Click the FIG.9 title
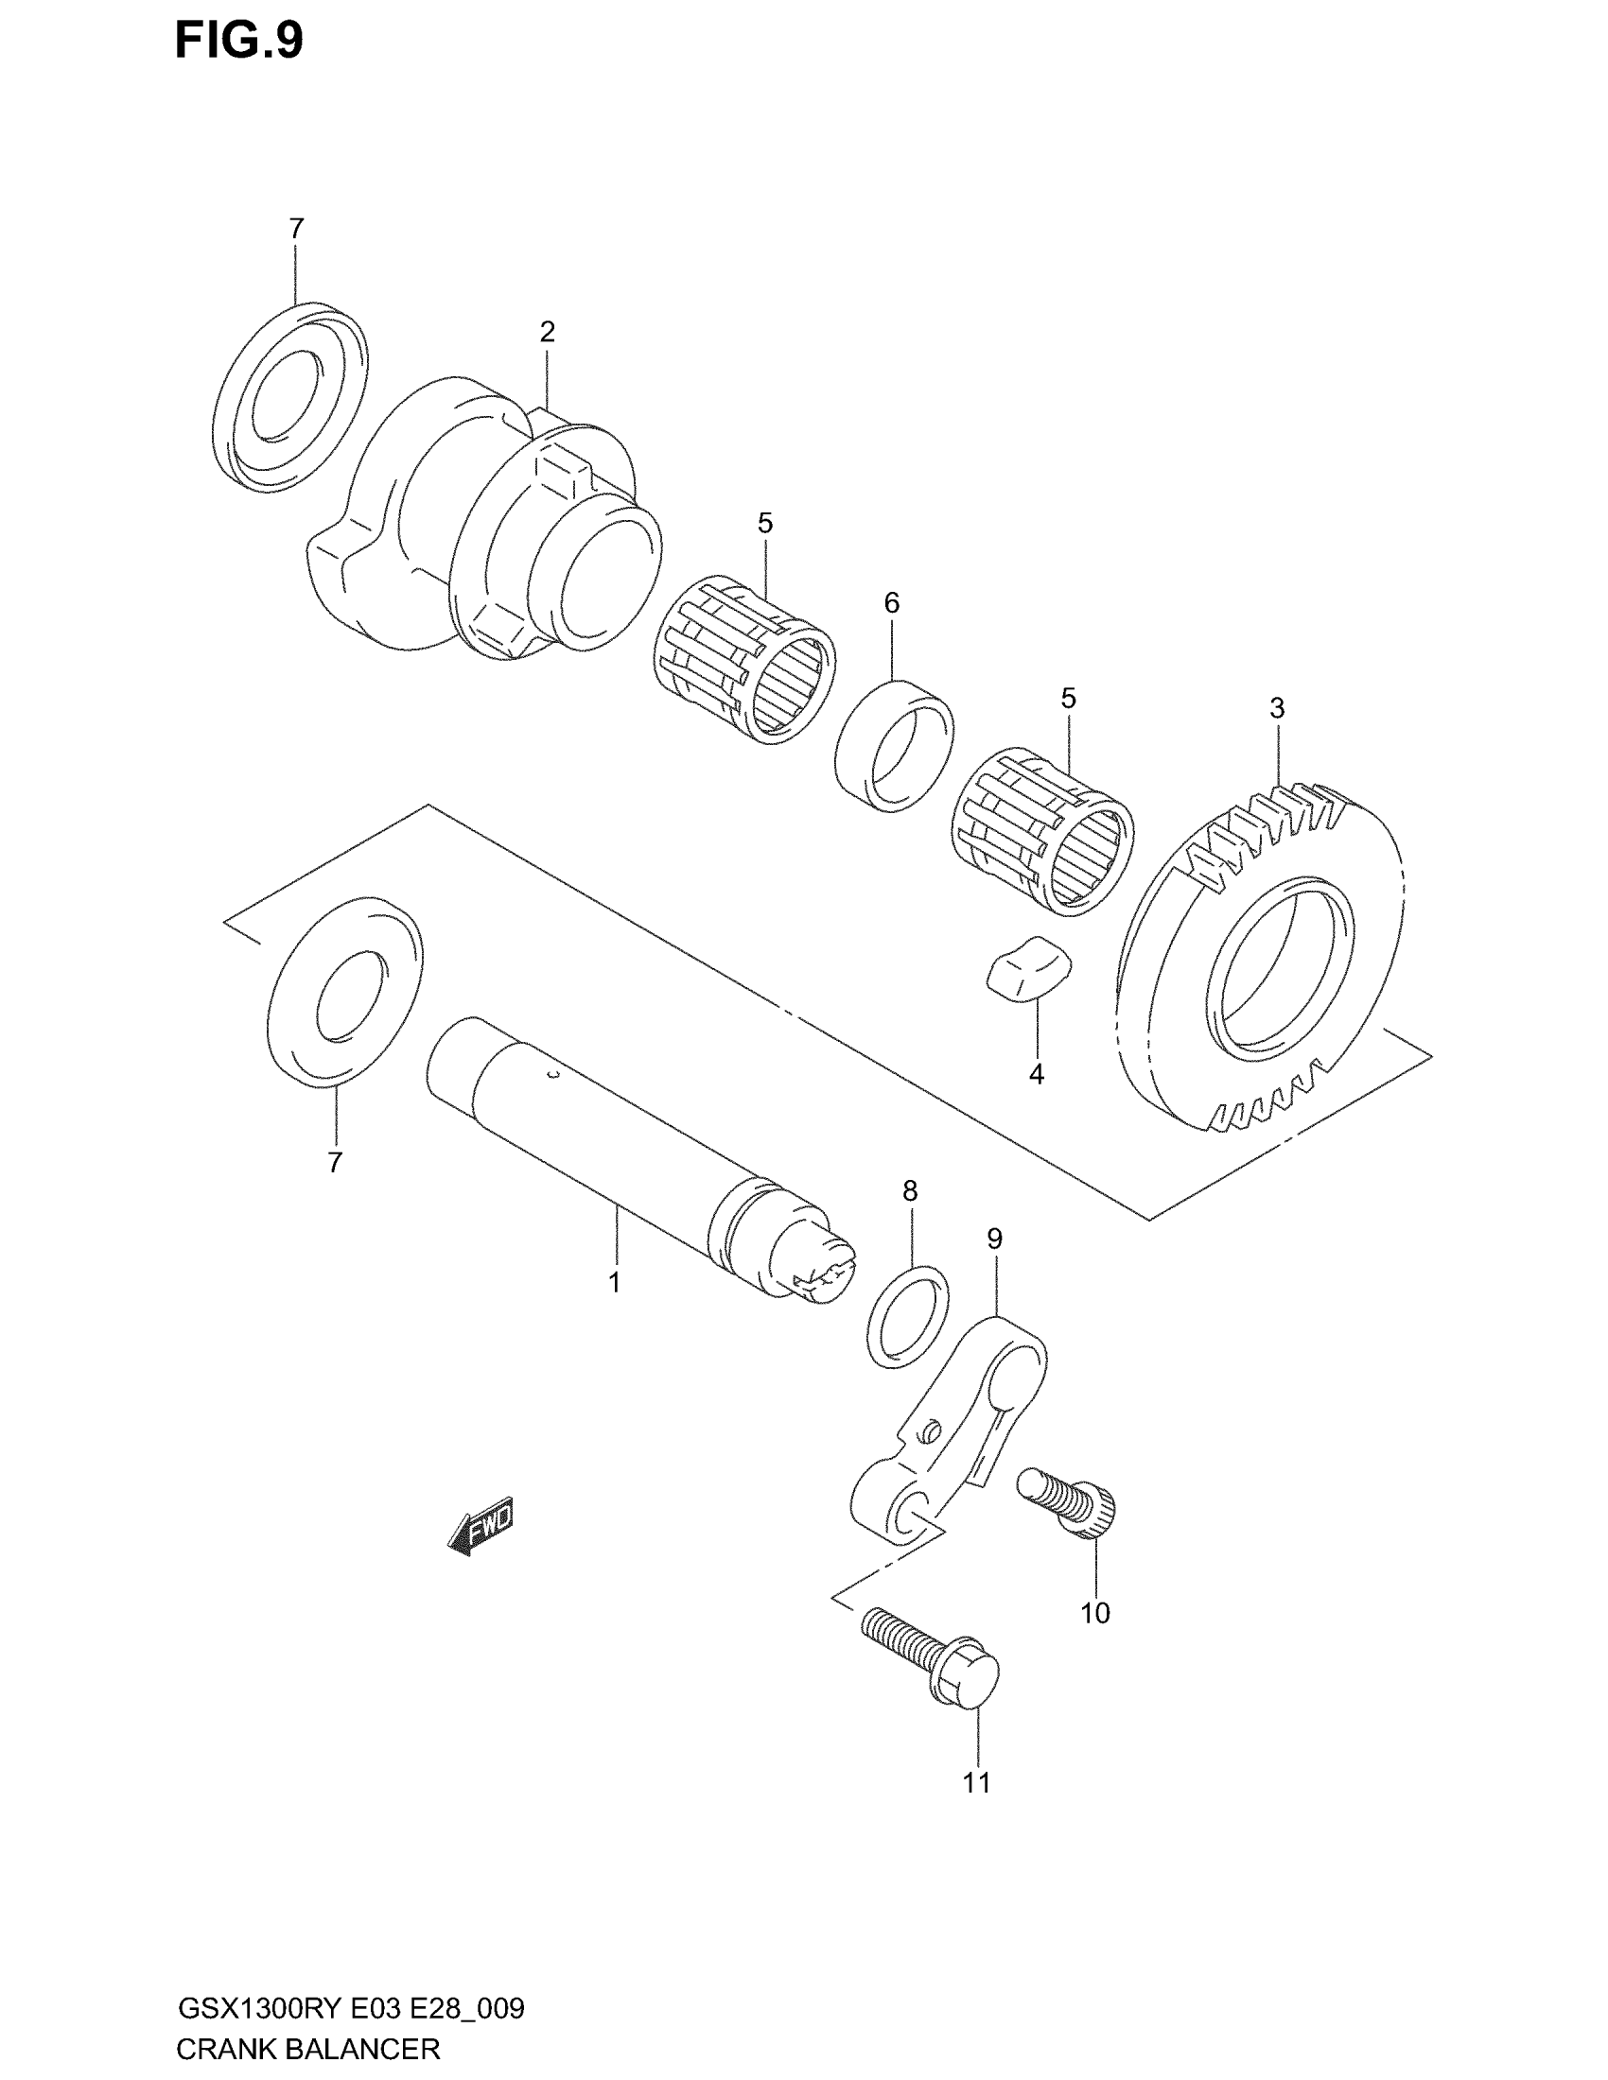[x=239, y=42]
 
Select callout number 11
[x=976, y=1783]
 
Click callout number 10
[x=1094, y=1612]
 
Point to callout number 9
[x=994, y=1239]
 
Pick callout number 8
[x=910, y=1190]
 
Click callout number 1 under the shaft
[x=615, y=1283]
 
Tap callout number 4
[x=1037, y=1074]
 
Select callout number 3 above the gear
[x=1277, y=707]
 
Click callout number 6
[x=892, y=602]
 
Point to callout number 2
[x=547, y=332]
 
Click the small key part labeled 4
[x=1028, y=968]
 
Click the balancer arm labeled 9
[x=953, y=1429]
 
